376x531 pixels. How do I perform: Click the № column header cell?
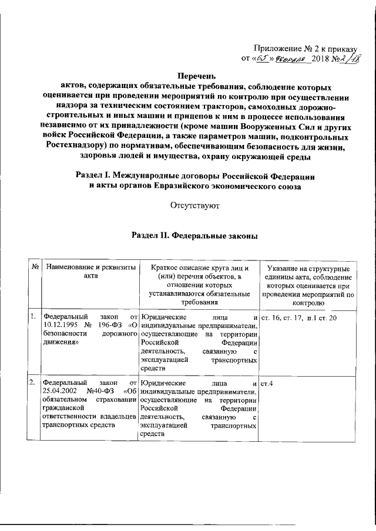[x=35, y=268]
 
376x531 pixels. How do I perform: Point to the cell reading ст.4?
[x=266, y=383]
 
